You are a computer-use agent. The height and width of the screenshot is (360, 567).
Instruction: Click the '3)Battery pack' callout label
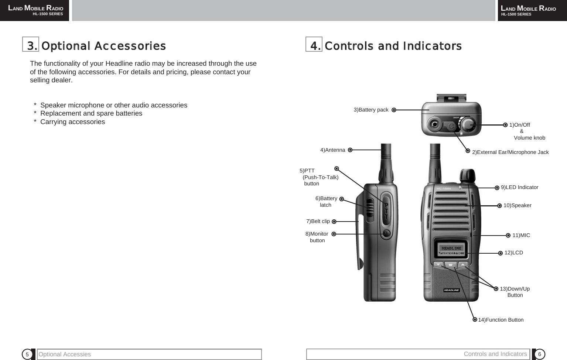tap(371, 110)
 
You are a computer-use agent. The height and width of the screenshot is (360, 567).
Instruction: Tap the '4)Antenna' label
tap(332, 150)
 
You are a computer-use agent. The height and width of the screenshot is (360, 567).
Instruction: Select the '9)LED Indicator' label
tap(519, 187)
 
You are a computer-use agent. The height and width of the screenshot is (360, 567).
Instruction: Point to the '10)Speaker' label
tap(517, 205)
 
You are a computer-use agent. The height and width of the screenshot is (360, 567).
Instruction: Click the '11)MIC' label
tap(521, 235)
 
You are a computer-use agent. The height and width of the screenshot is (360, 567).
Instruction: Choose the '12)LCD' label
tap(513, 253)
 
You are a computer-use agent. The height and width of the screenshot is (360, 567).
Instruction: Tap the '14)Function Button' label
tap(501, 320)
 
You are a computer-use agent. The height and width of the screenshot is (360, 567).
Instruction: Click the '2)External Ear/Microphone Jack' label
tap(510, 152)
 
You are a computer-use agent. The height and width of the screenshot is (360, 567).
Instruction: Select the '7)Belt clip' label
tap(318, 221)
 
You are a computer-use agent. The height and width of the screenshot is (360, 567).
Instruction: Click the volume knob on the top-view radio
tap(469, 124)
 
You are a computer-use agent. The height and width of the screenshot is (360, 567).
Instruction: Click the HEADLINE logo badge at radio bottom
tap(451, 290)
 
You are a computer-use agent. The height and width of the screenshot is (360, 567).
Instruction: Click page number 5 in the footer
tap(27, 354)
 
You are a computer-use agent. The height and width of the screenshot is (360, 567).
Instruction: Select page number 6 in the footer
tap(539, 354)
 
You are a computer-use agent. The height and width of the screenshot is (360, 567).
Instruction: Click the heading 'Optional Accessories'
tap(103, 46)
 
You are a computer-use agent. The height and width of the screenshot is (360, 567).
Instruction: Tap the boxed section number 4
tap(314, 45)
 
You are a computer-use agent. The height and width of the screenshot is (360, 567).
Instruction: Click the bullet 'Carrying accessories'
tap(72, 122)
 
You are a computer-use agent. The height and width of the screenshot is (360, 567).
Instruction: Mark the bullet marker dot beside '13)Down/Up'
tap(496, 289)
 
